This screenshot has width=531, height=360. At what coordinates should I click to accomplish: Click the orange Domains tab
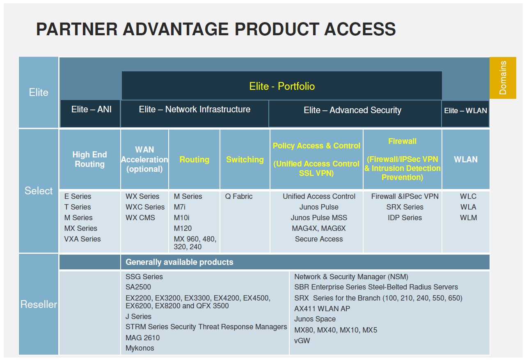(503, 78)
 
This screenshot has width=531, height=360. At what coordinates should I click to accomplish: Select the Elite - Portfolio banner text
(282, 86)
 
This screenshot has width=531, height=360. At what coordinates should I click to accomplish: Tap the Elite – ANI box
(91, 109)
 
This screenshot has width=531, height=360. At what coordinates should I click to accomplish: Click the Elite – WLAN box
(465, 110)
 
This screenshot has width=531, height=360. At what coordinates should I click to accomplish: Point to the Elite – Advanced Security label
(352, 110)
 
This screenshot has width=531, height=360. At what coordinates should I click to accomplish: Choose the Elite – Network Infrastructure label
(195, 109)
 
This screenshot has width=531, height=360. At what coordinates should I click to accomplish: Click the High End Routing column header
(89, 159)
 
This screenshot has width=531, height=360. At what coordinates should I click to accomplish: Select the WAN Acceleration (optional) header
(144, 159)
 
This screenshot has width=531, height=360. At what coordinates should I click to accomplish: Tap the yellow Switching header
(245, 159)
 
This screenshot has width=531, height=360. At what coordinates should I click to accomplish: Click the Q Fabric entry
(239, 196)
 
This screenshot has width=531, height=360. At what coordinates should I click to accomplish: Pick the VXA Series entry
(82, 239)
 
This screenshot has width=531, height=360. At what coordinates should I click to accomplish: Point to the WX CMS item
(140, 218)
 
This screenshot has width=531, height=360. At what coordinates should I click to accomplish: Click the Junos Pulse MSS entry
(319, 218)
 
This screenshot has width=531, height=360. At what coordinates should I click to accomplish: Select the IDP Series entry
(405, 218)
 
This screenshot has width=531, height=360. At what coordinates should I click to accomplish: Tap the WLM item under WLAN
(468, 218)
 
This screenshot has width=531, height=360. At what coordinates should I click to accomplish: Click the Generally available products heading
(179, 262)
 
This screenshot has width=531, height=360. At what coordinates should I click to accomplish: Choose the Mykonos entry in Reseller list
(140, 348)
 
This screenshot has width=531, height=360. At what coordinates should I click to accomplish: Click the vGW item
(302, 340)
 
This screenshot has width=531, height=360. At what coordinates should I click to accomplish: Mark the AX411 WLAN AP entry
(322, 308)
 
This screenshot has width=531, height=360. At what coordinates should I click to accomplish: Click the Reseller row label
(39, 304)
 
